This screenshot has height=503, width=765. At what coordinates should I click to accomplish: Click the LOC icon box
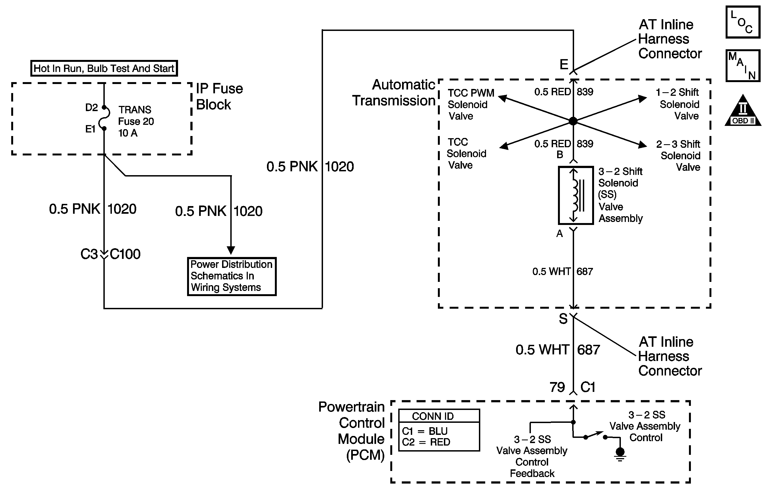tap(743, 22)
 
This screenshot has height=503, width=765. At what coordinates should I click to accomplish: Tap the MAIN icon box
tap(743, 66)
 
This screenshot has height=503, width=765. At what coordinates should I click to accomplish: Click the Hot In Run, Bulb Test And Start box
tap(104, 68)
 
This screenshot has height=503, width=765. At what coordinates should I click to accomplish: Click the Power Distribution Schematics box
tap(232, 276)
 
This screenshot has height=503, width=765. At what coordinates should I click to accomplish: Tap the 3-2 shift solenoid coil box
tap(576, 195)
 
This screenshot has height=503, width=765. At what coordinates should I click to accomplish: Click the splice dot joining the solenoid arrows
tap(573, 121)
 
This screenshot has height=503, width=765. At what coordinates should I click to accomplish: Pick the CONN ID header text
tap(433, 416)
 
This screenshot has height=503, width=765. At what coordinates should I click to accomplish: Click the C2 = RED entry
tap(426, 442)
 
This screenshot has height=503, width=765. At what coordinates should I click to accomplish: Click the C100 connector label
tap(125, 254)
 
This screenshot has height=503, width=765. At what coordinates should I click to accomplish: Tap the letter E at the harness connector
tap(564, 65)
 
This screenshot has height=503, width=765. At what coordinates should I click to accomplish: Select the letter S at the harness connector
tap(563, 319)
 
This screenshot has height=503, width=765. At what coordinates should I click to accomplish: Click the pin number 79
tap(557, 387)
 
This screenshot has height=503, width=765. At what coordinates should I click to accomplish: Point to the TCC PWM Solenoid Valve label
tap(471, 105)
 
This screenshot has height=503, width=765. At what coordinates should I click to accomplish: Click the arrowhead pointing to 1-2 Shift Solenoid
tap(642, 99)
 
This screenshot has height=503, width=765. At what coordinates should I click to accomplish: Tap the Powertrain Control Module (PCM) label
tap(352, 431)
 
